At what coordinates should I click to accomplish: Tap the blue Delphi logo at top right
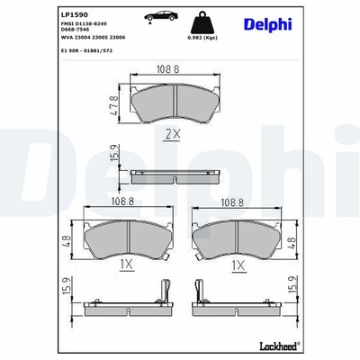tap(268, 24)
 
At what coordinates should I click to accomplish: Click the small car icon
tap(161, 16)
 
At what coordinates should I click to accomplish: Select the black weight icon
tap(202, 22)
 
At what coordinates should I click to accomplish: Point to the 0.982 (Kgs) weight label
tap(202, 38)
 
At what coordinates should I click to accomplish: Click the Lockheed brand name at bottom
tap(279, 346)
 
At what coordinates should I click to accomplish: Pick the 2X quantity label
tap(173, 134)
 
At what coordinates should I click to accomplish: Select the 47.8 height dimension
tap(114, 105)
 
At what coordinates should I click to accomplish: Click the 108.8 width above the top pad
tap(167, 69)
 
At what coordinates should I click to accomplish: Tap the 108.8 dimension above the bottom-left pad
tap(122, 202)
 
